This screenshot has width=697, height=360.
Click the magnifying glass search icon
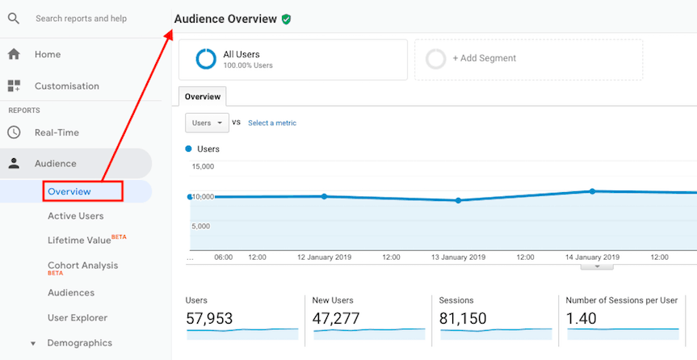[x=14, y=18]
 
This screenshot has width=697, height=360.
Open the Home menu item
[x=48, y=55]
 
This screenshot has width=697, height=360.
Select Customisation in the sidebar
[x=66, y=86]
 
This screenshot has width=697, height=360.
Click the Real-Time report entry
[x=57, y=133]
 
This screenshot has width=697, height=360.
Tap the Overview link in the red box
[x=69, y=191]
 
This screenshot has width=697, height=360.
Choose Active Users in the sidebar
[x=75, y=216]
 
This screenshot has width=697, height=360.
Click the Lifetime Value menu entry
[x=79, y=241]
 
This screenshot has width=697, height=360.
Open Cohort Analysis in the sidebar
[x=82, y=266]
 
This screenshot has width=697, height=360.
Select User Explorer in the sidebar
[x=78, y=318]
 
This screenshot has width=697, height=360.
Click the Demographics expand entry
[x=79, y=343]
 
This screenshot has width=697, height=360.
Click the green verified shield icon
[x=287, y=19]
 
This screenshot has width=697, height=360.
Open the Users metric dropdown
[x=207, y=123]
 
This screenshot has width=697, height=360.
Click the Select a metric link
[x=272, y=123]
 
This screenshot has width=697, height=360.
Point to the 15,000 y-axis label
[x=203, y=167]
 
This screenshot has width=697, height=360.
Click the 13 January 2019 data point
[x=458, y=200]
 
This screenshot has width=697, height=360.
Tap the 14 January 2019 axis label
[x=592, y=257]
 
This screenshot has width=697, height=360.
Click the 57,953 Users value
[x=209, y=319]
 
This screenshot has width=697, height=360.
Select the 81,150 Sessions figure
[x=463, y=319]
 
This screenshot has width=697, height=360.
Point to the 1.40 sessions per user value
[x=582, y=319]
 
